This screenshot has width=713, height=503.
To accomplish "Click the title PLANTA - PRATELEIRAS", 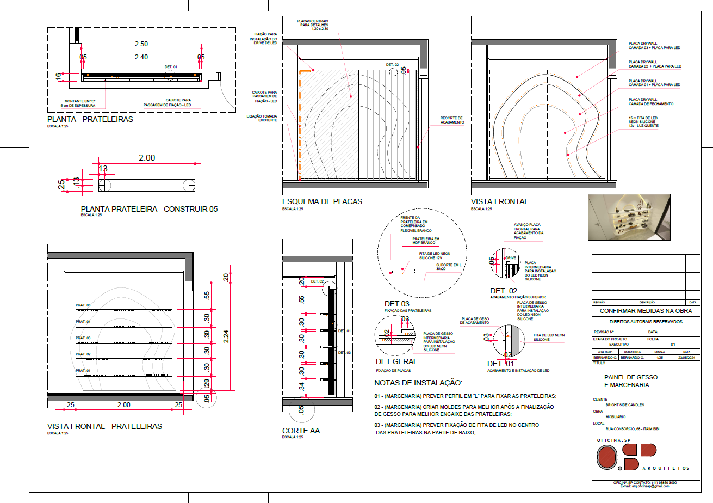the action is [90, 119].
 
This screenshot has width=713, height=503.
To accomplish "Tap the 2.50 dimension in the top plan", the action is [141, 44].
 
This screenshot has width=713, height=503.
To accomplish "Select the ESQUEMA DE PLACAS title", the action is [322, 201].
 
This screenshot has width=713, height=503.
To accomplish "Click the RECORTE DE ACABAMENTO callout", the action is [451, 120].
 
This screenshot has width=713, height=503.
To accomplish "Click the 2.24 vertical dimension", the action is [226, 338].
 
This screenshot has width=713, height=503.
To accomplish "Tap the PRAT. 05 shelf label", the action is [83, 305].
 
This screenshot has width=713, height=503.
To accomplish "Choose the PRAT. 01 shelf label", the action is [83, 371].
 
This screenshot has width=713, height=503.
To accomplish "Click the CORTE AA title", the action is [301, 431].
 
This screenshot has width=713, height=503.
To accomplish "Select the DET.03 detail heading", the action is [397, 303].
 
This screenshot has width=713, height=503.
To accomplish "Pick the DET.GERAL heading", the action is [396, 361].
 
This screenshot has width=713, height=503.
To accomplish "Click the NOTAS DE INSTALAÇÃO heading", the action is [418, 383].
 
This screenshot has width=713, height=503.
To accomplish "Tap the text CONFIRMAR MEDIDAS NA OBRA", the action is [646, 311].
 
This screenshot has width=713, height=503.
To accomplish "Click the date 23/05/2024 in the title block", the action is [686, 358].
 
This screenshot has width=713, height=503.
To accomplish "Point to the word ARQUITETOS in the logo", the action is [666, 469].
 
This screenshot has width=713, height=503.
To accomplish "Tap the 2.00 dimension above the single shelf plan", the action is [147, 158].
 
